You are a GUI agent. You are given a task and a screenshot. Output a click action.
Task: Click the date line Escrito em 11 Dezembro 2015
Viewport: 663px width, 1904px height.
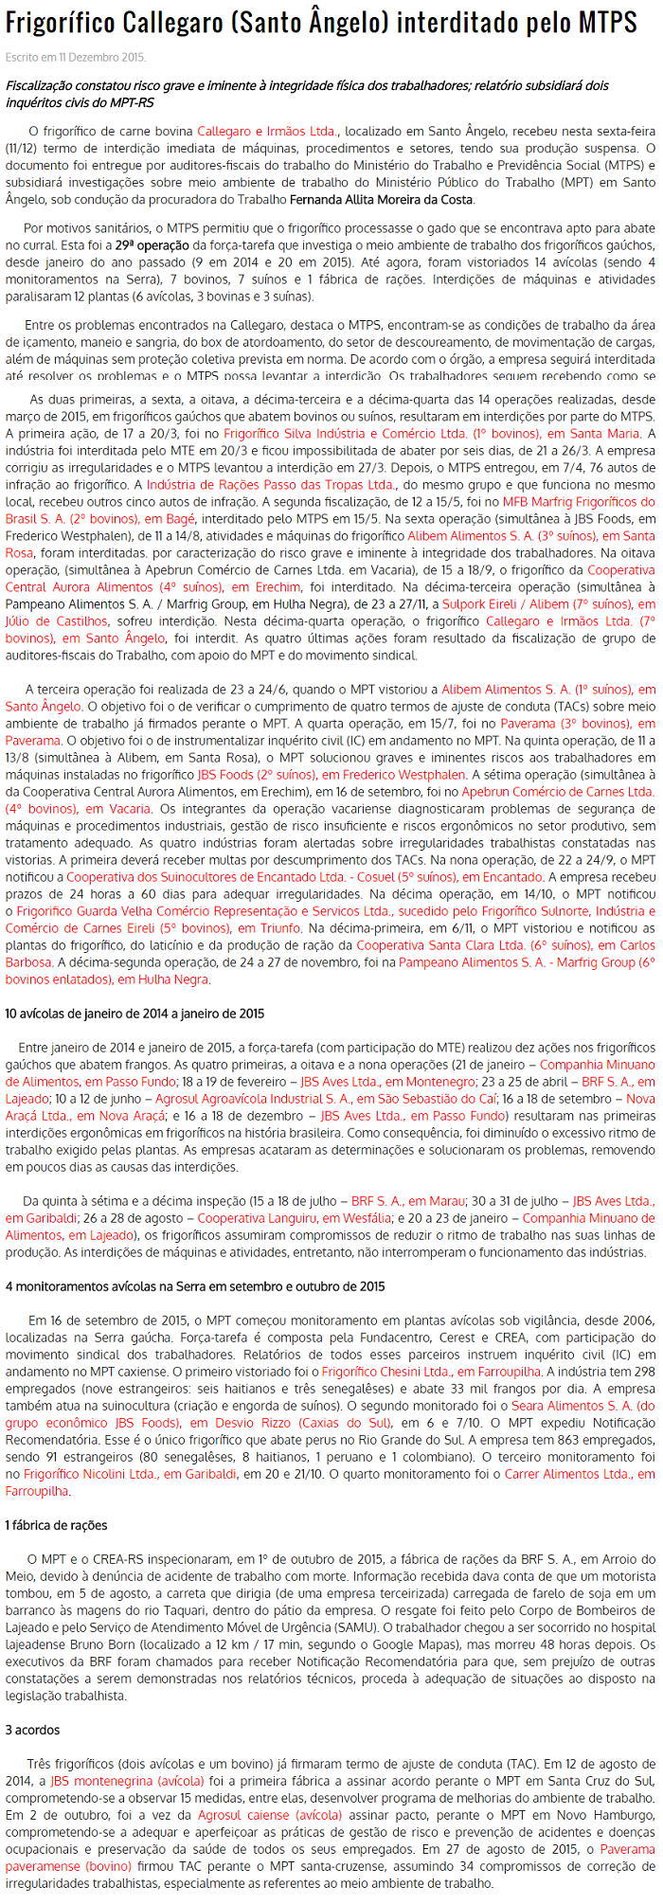point(76,58)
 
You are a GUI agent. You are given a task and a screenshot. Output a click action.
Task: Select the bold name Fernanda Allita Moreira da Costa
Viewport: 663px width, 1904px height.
point(381,199)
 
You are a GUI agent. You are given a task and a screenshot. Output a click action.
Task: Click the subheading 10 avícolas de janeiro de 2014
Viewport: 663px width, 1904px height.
point(134,1014)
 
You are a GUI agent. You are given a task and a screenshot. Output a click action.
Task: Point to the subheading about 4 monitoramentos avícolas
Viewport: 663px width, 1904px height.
point(195,1286)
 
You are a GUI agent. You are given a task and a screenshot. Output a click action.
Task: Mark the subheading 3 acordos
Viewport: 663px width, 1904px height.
point(32,1730)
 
